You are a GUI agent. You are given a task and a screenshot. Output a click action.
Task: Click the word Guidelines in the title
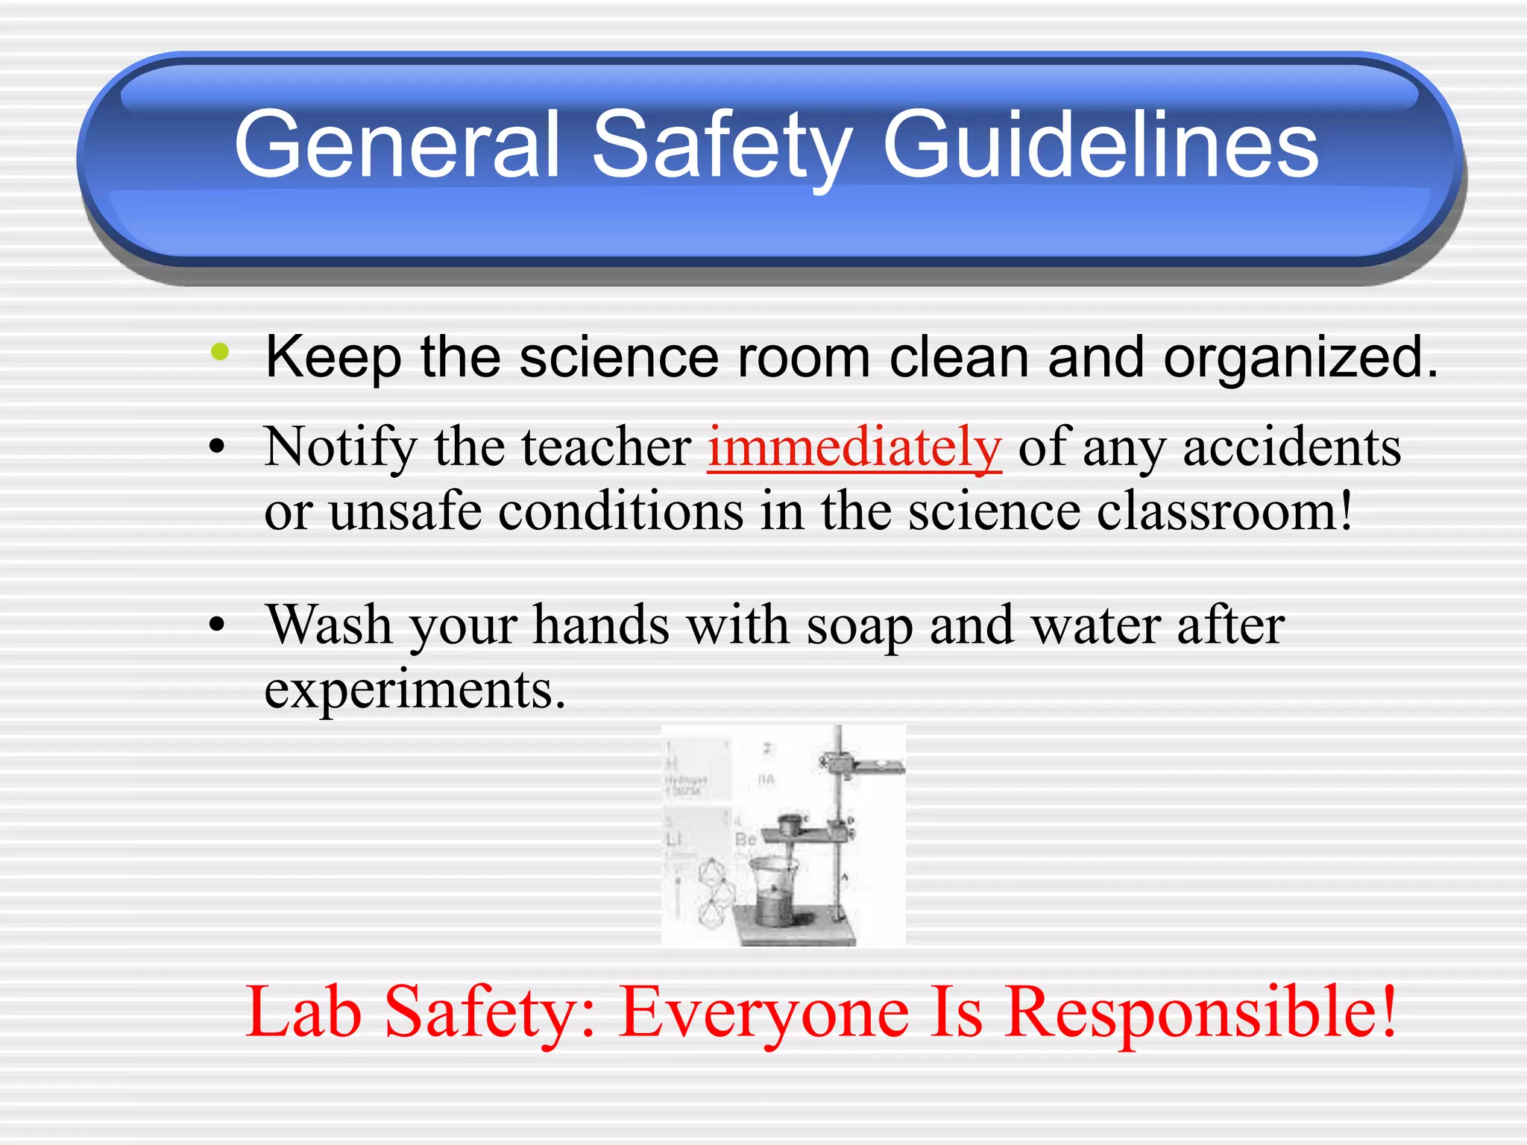[1101, 145]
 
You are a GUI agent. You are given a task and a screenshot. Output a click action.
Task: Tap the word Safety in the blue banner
[722, 145]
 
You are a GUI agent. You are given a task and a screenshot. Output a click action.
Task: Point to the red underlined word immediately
[854, 447]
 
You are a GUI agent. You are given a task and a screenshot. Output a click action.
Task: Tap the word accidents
[1291, 447]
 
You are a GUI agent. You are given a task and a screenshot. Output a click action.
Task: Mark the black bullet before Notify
[217, 447]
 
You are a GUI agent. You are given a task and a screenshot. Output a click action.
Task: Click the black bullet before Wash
[217, 625]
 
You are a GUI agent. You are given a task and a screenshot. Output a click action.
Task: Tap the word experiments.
[415, 690]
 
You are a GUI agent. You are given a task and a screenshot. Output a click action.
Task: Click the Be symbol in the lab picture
[746, 840]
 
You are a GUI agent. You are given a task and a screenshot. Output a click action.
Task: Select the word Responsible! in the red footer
[1200, 1012]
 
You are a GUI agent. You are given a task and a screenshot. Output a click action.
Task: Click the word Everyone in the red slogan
[764, 1012]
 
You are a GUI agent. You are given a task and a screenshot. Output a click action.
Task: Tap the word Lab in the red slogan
[303, 1012]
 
